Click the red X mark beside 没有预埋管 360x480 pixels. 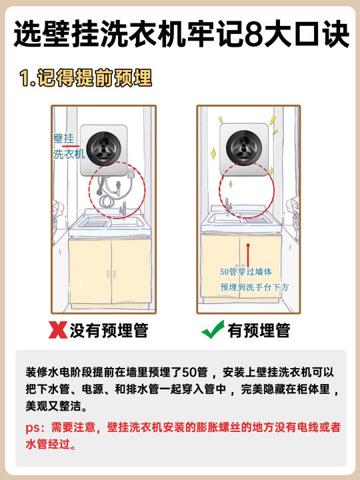[58, 330]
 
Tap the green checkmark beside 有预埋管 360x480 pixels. [213, 330]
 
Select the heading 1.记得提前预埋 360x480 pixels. [85, 78]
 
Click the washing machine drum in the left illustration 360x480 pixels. [103, 149]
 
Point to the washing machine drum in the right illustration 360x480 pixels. [244, 147]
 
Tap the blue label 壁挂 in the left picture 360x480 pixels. [64, 139]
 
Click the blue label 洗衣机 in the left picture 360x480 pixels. [69, 154]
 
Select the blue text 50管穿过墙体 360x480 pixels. [246, 271]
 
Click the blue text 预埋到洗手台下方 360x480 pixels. [255, 287]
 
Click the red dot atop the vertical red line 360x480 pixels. [248, 245]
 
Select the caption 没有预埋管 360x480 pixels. [109, 330]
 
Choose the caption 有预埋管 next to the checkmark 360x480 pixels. [259, 330]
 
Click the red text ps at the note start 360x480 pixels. [32, 428]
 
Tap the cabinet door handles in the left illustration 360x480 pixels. [111, 274]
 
